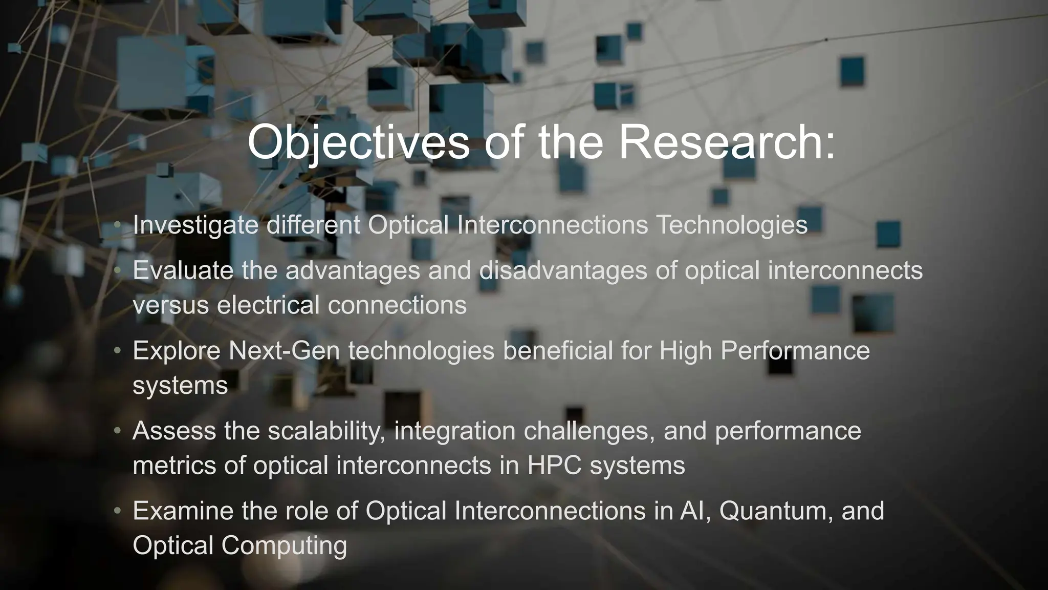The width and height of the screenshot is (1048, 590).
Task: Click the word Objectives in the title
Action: pyautogui.click(x=358, y=142)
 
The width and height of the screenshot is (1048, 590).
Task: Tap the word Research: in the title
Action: pyautogui.click(x=727, y=142)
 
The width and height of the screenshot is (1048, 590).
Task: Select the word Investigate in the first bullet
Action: pyautogui.click(x=195, y=225)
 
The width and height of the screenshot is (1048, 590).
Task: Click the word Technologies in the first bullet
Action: pyautogui.click(x=732, y=225)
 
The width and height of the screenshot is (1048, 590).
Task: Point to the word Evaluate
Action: pyautogui.click(x=183, y=270)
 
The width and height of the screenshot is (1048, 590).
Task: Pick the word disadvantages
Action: pyautogui.click(x=563, y=270)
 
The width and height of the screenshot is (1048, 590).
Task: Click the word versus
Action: pyautogui.click(x=170, y=305)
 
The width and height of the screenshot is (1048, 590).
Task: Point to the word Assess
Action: pyautogui.click(x=174, y=431)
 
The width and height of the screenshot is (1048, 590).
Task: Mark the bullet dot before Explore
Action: pyautogui.click(x=117, y=351)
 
